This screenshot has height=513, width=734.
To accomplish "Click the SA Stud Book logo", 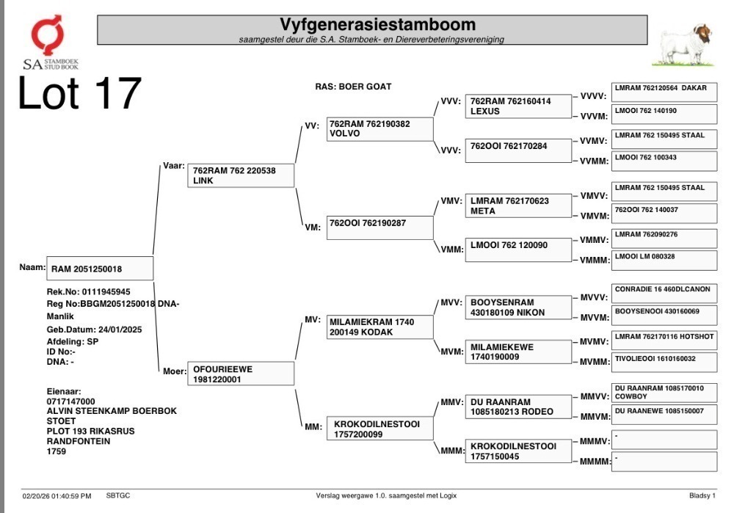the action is click(x=51, y=42).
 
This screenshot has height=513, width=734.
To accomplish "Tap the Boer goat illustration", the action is click(x=684, y=45).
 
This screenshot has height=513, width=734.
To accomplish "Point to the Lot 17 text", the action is click(x=79, y=94).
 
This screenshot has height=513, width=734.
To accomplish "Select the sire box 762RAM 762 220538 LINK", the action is click(x=241, y=175).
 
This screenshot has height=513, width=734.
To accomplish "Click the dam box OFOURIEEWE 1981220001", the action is click(x=241, y=374).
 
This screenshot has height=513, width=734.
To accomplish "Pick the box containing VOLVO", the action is click(x=379, y=128).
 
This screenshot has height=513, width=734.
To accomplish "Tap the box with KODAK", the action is click(x=379, y=327).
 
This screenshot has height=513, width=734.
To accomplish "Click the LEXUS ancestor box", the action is click(x=518, y=106).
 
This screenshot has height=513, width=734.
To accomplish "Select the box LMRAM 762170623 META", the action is click(x=518, y=205).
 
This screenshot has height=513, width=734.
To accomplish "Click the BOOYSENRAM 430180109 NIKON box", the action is click(x=518, y=308).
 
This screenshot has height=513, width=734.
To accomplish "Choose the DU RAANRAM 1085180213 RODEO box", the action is click(x=518, y=407).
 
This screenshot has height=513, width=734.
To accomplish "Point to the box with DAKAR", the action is click(x=664, y=92).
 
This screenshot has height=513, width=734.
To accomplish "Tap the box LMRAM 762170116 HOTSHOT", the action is click(x=664, y=341).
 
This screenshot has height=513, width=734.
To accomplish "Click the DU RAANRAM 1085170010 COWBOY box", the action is click(x=664, y=393).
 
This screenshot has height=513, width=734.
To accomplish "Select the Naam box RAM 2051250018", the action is click(x=100, y=268).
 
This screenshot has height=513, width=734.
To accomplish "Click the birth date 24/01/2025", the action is click(x=120, y=330).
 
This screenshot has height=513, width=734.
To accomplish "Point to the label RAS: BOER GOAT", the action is click(x=353, y=87).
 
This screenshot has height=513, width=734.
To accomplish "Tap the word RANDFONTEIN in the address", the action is click(x=79, y=441).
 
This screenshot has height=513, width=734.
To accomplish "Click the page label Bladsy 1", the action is click(x=702, y=495).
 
